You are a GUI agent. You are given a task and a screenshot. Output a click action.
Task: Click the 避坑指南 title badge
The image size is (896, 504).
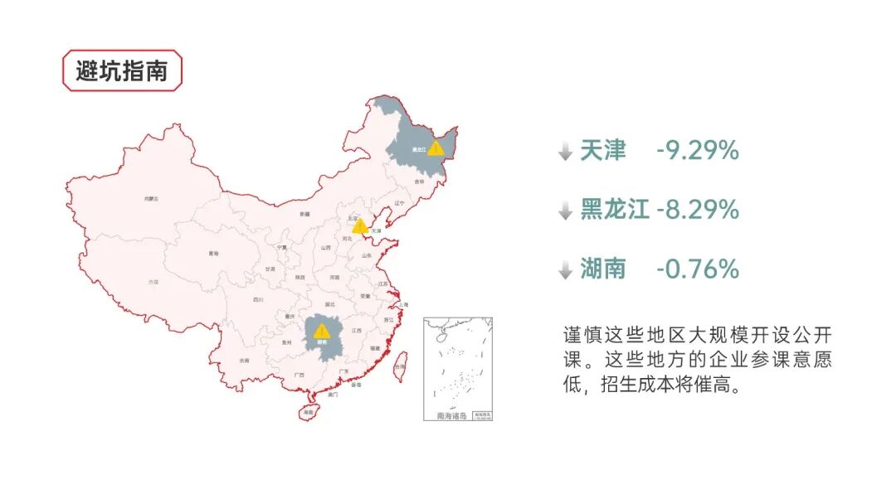point(122,70)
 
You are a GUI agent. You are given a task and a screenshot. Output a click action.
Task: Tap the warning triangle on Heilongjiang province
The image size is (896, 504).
point(435,148)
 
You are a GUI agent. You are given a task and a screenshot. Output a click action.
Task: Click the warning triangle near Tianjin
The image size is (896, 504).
point(360,225)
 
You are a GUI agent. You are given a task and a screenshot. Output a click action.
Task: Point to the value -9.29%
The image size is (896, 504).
point(697,151)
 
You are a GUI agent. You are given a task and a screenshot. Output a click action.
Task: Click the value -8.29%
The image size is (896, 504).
point(697,210)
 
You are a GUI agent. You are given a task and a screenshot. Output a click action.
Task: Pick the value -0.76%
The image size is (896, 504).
point(697,269)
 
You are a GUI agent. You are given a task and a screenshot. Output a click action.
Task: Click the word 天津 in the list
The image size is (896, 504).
point(603,151)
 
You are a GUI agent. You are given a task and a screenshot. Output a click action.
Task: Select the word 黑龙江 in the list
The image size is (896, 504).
point(615,210)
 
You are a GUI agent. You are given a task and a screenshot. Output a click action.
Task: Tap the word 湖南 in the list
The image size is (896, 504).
point(603,269)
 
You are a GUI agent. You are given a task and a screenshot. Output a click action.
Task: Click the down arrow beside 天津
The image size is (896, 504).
point(565,153)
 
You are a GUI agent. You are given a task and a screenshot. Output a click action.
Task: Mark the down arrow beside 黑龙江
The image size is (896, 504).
point(565,211)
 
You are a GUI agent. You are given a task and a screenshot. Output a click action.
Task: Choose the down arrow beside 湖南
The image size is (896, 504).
point(565,270)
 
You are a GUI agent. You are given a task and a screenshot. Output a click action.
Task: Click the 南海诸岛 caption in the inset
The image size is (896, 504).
point(451,415)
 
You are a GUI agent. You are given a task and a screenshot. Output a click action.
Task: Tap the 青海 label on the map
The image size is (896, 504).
point(213,254)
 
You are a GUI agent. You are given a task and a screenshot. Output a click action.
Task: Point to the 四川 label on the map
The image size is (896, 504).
point(258,299)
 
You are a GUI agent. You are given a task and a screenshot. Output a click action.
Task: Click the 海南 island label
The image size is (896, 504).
point(309,412)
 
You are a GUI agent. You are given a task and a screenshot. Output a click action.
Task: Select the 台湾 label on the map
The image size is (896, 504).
point(400,366)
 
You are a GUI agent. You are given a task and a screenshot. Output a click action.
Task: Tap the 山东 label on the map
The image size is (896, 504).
point(367,255)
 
